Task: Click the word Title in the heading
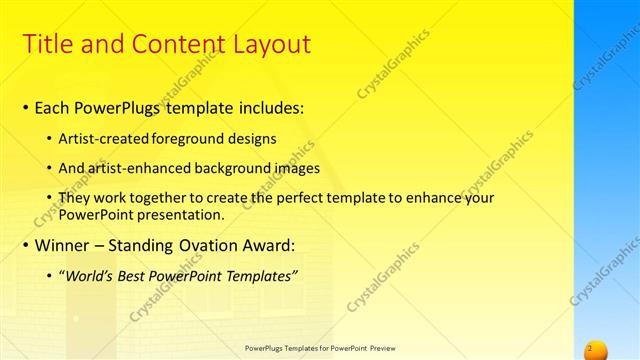[48, 44]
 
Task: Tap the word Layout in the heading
[269, 44]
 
